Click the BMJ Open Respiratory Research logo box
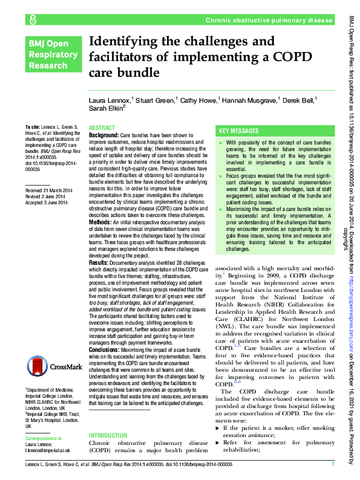53,54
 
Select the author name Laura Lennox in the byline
110,99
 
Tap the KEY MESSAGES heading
239,131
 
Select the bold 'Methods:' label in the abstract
100,223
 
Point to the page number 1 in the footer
333,464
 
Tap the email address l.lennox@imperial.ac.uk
48,450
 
